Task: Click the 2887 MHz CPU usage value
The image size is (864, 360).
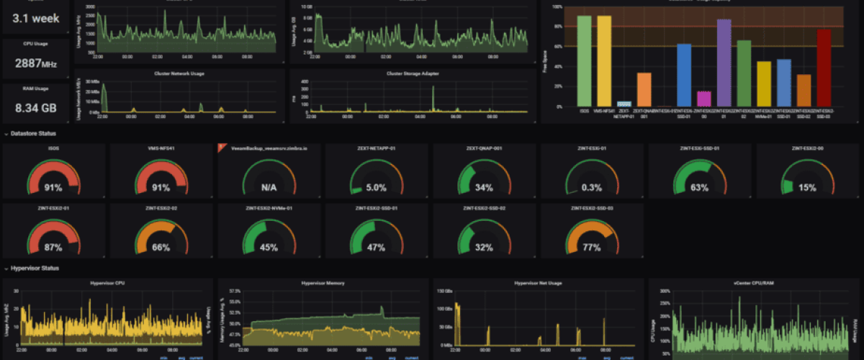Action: (35, 63)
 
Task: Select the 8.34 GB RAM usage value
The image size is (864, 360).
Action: (35, 109)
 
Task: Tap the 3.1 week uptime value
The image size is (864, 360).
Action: (35, 17)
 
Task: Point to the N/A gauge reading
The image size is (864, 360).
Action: (269, 187)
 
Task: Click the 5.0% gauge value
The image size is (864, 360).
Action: (377, 187)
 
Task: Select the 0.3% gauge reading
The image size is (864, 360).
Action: (592, 187)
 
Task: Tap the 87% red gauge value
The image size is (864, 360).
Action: (53, 248)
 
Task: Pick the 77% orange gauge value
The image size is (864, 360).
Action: (592, 248)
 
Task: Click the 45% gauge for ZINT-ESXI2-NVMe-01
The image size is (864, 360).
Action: (269, 248)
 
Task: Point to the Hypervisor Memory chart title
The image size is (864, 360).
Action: (321, 283)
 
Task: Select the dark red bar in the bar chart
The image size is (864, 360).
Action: (824, 68)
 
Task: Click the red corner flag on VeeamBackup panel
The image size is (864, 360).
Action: (222, 147)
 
